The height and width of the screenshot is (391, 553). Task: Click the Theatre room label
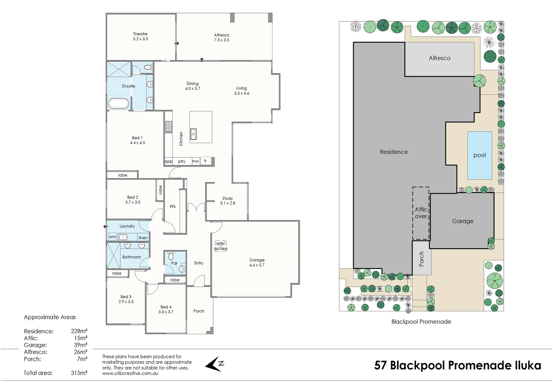click(140, 34)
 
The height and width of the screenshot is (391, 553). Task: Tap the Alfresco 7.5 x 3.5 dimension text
click(221, 40)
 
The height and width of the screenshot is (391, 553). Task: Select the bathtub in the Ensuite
click(119, 104)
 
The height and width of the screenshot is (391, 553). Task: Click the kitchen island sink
click(194, 134)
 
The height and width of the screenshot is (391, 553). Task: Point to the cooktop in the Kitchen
click(169, 127)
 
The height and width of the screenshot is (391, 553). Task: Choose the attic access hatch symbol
click(221, 246)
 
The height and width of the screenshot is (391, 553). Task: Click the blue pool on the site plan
click(480, 155)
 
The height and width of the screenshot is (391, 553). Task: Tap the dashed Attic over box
click(421, 213)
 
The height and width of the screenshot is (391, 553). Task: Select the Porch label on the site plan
click(421, 259)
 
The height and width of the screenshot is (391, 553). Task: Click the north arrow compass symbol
click(216, 364)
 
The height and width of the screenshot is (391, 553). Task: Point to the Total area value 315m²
click(79, 373)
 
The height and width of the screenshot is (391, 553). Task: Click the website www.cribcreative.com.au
click(130, 373)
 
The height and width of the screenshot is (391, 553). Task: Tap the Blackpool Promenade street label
click(421, 321)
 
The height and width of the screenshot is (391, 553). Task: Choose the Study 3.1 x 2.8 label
click(228, 201)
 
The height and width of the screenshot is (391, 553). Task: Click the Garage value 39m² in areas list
click(80, 345)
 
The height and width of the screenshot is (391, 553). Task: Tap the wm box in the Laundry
click(112, 237)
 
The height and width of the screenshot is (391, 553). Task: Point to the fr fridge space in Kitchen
click(206, 161)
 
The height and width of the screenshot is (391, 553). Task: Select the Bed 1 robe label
click(122, 175)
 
